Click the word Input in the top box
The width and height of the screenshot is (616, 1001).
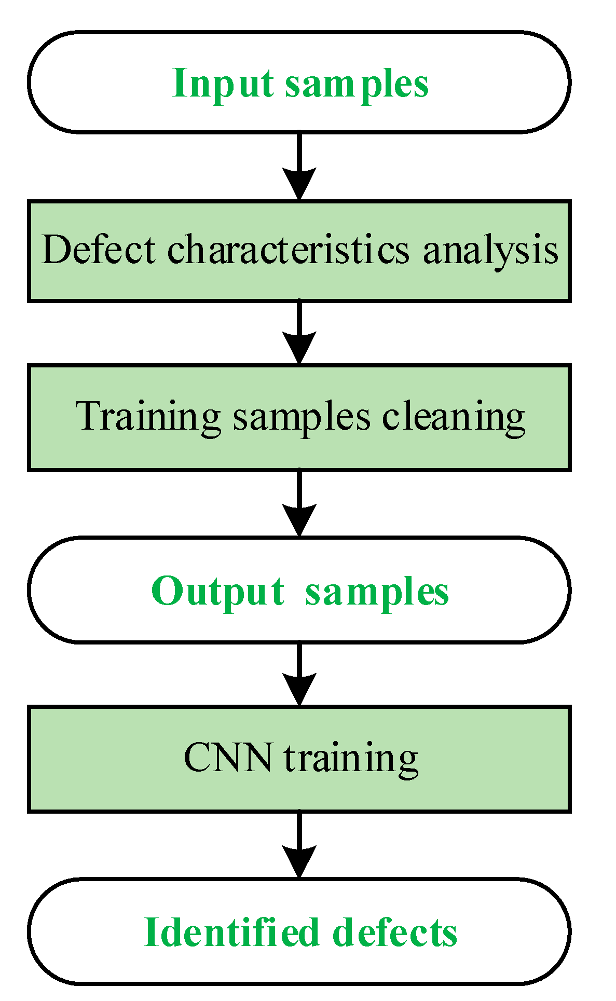click(223, 84)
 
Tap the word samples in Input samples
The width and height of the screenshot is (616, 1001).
click(357, 85)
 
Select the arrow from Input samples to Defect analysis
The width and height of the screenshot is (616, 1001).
click(299, 166)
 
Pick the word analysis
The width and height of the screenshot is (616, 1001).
click(490, 251)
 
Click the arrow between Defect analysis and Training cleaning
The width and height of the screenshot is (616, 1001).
click(299, 332)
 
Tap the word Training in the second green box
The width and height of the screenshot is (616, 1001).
click(148, 417)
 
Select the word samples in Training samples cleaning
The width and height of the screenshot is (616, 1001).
click(302, 418)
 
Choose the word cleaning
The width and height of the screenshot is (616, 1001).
click(454, 418)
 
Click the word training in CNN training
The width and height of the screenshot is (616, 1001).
click(351, 759)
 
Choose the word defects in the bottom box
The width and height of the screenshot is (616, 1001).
click(395, 933)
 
